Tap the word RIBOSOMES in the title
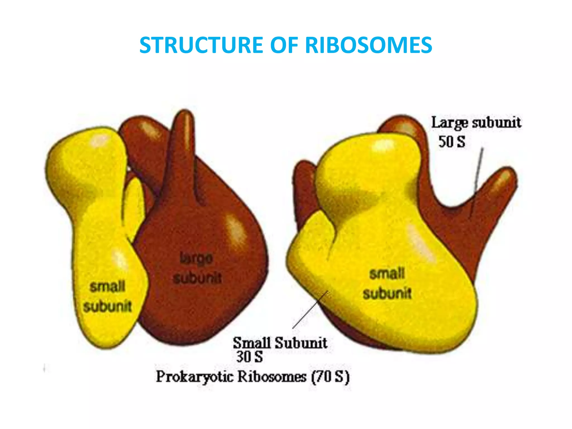368,45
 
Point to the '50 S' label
452,142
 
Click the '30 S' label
249,357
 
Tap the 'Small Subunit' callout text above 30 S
280,342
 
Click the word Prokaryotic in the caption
194,377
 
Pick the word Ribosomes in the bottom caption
272,377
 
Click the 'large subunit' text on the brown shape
197,268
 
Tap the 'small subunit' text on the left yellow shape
108,297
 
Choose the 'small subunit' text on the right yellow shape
387,283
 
